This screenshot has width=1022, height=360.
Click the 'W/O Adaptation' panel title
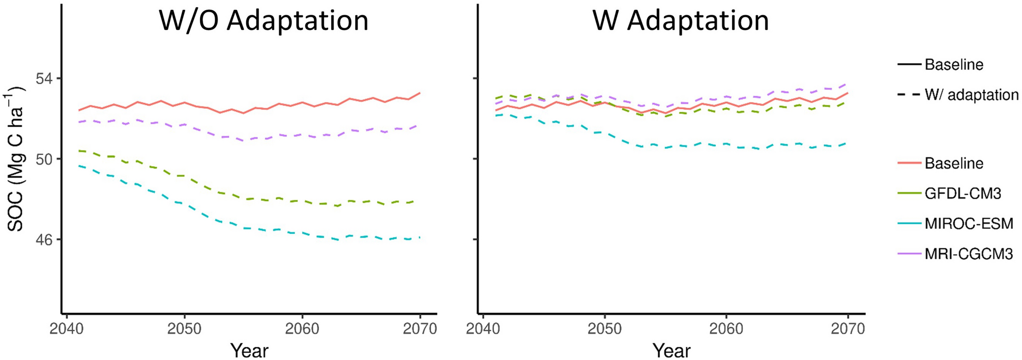click(264, 21)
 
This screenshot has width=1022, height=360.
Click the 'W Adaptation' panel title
click(680, 21)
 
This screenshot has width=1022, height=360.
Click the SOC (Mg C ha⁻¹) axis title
click(16, 159)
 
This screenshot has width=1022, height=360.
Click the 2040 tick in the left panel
click(67, 329)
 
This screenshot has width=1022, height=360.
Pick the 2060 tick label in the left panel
click(302, 329)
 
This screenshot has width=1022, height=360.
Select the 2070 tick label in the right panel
click(848, 329)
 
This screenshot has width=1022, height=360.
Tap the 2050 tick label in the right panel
click(604, 329)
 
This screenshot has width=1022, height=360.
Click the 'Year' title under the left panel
click(249, 350)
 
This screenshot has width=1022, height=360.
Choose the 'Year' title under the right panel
click(671, 350)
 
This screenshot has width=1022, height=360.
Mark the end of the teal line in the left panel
click(420, 237)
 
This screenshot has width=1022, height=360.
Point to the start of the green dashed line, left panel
click(79, 151)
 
